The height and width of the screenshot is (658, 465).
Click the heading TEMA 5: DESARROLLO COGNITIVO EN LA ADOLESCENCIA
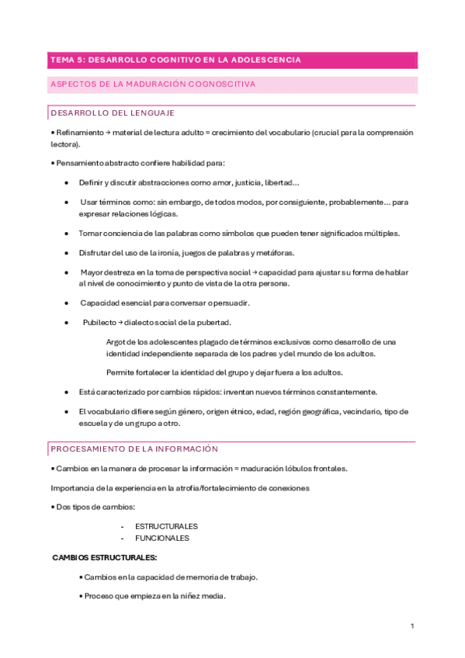[175, 59]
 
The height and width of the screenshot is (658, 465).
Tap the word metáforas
[275, 253]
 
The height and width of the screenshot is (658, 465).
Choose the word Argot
[116, 342]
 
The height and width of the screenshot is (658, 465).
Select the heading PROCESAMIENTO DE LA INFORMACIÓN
[134, 449]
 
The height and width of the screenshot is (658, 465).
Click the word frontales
[330, 469]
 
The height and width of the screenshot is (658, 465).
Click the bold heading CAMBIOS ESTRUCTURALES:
[105, 558]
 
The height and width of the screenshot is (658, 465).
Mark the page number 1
[413, 625]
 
